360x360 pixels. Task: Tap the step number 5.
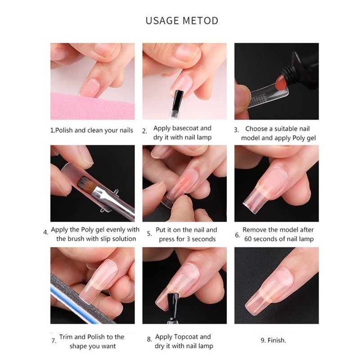click(149, 234)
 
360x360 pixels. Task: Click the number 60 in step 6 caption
click(248, 239)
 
